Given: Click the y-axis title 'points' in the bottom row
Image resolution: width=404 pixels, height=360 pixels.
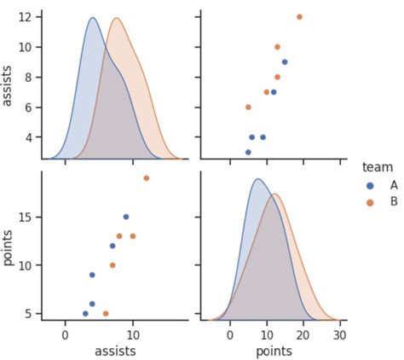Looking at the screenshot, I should pos(9,247).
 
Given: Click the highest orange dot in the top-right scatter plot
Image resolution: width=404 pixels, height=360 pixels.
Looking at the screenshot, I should pos(299,16).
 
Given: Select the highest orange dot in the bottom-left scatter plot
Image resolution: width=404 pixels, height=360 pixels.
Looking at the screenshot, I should pos(146,178).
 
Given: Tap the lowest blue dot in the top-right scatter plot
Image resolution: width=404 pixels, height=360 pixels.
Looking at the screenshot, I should pos(248,152).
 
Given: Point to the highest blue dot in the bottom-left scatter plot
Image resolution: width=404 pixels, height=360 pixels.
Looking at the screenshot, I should pos(126,217).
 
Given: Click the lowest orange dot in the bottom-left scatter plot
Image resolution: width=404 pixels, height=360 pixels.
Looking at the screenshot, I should pos(106,313).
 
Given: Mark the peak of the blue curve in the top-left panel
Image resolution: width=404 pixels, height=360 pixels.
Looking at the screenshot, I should pos(92,18).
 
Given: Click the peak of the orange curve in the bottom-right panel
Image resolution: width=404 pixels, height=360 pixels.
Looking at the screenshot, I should pos(274,195).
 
